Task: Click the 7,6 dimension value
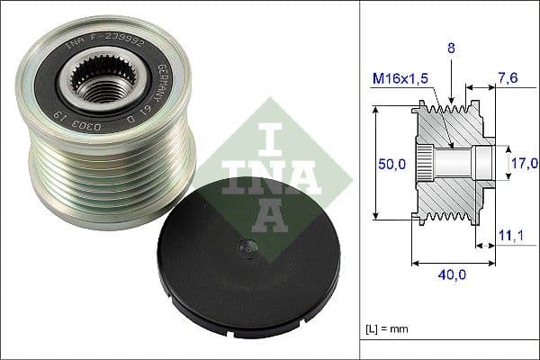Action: [508, 78]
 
